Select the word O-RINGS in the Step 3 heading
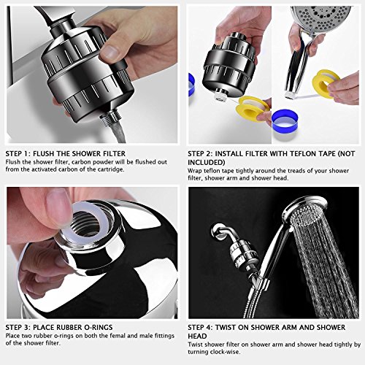pyautogui.click(x=98, y=327)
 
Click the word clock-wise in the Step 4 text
pyautogui.click(x=225, y=352)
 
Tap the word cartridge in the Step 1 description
pyautogui.click(x=110, y=169)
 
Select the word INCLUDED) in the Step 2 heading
pyautogui.click(x=207, y=162)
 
